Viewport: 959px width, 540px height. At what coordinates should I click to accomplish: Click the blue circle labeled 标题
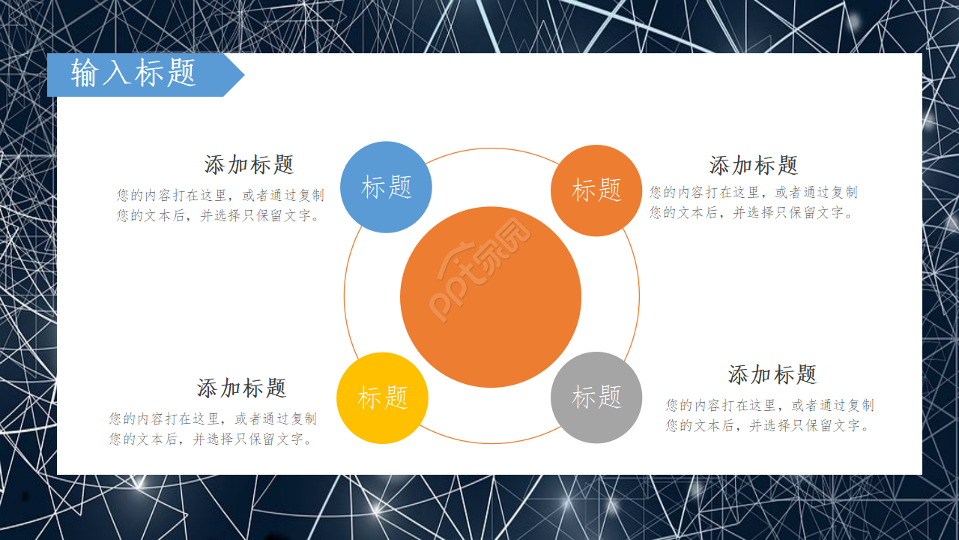[x=386, y=187]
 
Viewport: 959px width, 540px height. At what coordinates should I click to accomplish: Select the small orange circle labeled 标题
[x=596, y=190]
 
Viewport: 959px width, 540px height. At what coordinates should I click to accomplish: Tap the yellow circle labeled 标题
[x=382, y=398]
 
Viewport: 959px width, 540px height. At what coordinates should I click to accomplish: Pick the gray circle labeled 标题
[x=596, y=397]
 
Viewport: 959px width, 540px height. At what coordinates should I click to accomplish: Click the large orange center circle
[x=491, y=297]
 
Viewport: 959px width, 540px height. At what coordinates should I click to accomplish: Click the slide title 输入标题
[x=133, y=73]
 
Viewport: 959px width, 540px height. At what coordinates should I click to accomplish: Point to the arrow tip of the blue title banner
[x=244, y=75]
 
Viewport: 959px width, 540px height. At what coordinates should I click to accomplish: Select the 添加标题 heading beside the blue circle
[x=249, y=165]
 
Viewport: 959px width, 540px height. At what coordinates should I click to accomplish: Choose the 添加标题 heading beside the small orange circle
[x=754, y=166]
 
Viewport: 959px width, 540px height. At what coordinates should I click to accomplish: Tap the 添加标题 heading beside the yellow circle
[x=241, y=388]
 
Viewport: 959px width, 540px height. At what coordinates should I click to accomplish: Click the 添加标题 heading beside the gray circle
[x=772, y=374]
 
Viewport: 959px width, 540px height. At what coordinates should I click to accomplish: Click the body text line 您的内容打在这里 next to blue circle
[x=220, y=196]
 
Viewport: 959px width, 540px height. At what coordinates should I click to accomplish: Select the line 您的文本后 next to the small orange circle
[x=751, y=212]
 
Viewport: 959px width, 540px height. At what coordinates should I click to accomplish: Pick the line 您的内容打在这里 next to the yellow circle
[x=213, y=418]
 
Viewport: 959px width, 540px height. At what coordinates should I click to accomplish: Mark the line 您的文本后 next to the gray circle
[x=768, y=425]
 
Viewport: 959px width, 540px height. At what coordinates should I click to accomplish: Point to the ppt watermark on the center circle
[x=480, y=269]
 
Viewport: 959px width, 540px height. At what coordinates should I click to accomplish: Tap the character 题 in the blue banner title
[x=181, y=73]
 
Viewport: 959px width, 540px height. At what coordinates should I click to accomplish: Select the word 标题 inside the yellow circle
[x=383, y=397]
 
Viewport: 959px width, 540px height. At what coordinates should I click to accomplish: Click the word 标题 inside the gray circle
[x=596, y=397]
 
